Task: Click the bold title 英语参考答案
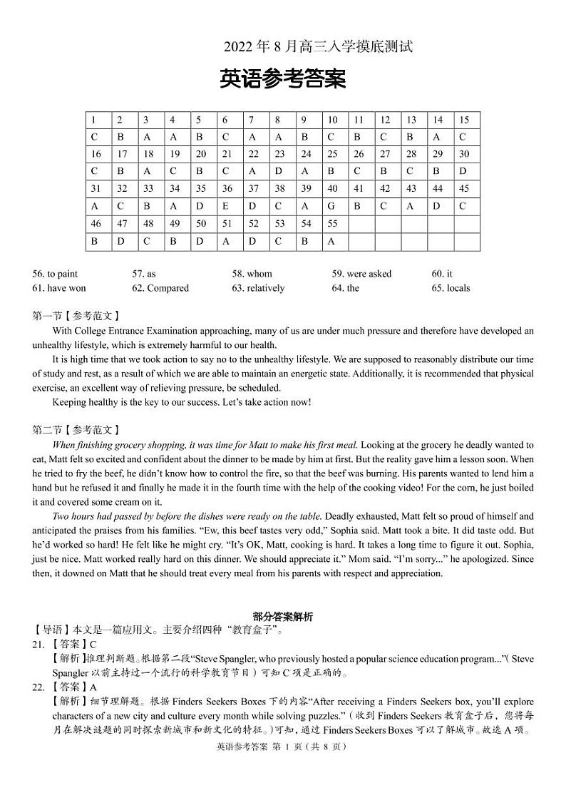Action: (283, 80)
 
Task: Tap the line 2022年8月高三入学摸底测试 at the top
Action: (318, 47)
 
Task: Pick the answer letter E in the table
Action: (227, 206)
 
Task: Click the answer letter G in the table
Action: (332, 206)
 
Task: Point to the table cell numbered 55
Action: (332, 223)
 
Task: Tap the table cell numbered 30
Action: (464, 154)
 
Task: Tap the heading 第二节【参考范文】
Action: (76, 430)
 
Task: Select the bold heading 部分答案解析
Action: (283, 616)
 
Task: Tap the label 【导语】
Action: (48, 630)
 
